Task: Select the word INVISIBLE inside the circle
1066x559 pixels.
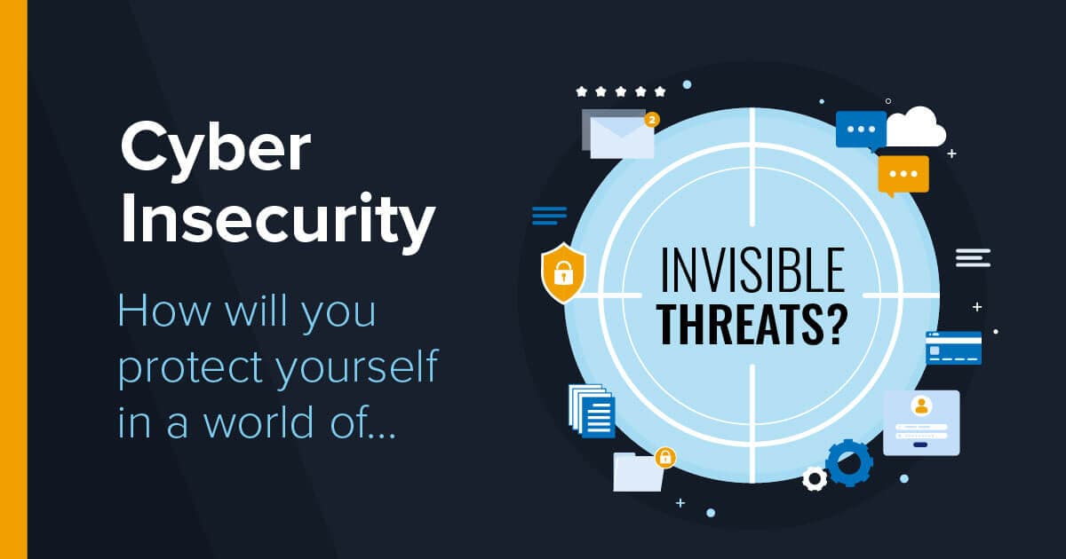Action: (x=752, y=271)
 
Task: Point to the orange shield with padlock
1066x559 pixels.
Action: (x=563, y=272)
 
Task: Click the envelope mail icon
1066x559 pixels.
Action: (x=621, y=137)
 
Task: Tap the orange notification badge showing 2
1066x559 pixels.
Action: (x=652, y=118)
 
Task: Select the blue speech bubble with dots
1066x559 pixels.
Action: (x=861, y=130)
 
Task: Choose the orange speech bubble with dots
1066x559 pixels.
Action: (x=903, y=175)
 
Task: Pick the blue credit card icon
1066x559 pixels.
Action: (x=953, y=348)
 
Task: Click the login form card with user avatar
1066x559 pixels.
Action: (x=921, y=422)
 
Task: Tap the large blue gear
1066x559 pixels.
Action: (x=848, y=461)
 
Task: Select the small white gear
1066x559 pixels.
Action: (x=814, y=479)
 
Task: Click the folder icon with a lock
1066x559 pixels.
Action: (x=638, y=472)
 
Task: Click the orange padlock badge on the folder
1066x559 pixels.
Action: (x=664, y=458)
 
